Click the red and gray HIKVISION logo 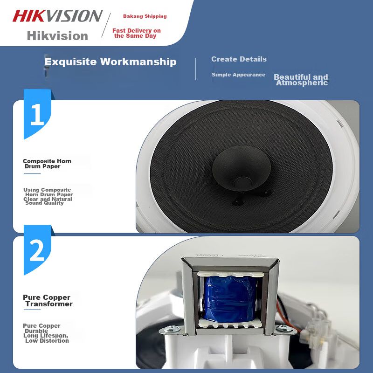pos(57,16)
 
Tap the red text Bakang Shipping pos(145,16)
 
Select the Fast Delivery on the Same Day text pos(136,33)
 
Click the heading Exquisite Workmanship pos(111,62)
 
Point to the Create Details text pos(239,59)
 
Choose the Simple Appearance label pos(238,75)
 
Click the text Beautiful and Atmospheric pos(301,80)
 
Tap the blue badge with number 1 pos(37,114)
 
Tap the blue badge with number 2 pos(37,250)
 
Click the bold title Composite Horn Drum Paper pos(47,164)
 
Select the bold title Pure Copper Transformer pos(48,300)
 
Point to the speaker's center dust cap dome pos(241,168)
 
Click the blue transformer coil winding pos(230,298)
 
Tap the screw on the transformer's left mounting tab pos(171,329)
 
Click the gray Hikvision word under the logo pos(57,36)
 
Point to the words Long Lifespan pos(46,336)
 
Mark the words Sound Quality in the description pos(44,203)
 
